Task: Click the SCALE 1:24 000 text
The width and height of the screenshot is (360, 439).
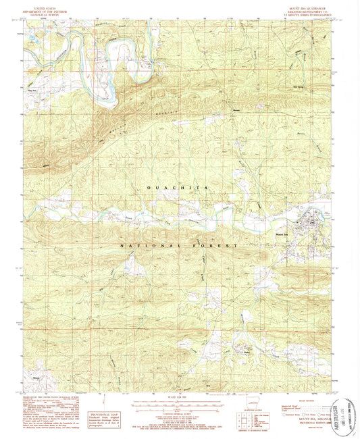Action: point(179,394)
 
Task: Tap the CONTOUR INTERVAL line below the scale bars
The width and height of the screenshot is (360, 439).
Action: point(179,411)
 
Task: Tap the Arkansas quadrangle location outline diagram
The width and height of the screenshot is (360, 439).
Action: point(253,413)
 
